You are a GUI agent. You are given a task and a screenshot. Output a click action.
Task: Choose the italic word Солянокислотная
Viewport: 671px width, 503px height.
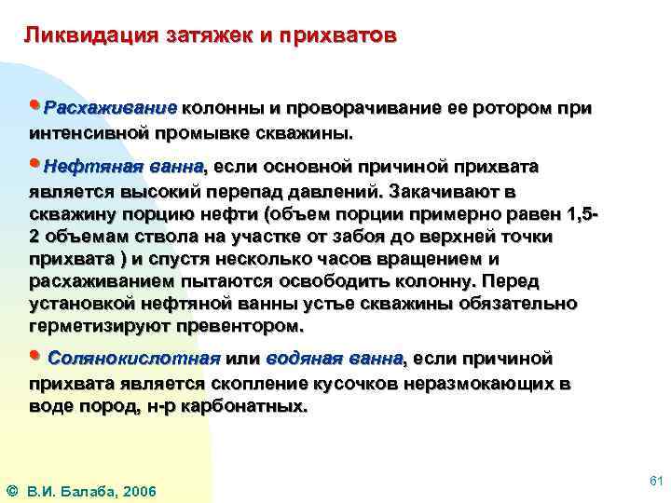(x=133, y=359)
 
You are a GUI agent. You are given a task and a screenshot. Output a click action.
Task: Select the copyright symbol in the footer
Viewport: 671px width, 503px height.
(x=10, y=491)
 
